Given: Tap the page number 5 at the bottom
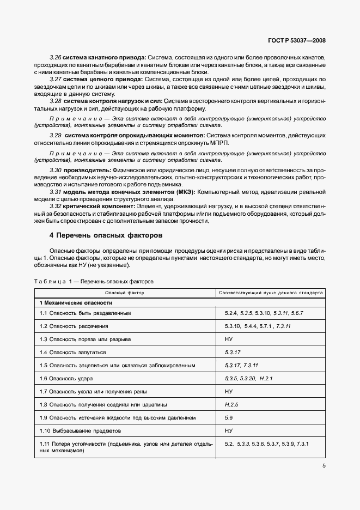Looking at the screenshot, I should point(324,465).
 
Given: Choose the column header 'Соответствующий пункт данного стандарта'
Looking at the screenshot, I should point(270,293).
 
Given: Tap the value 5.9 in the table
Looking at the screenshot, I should point(229,417).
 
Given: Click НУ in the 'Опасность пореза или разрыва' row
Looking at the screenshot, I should point(229,339).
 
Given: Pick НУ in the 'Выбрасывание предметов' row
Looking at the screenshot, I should point(229,430).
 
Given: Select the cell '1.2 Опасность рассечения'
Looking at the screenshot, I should point(74,326).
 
